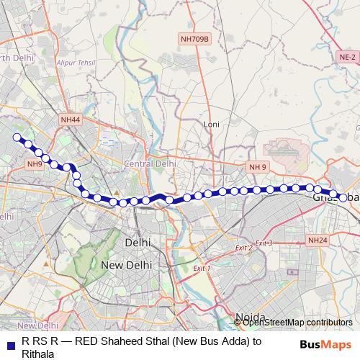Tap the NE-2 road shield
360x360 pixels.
[348, 56]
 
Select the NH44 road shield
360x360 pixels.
[71, 120]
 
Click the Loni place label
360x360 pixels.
[211, 124]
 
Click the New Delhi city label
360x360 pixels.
[126, 264]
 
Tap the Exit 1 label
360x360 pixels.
[202, 268]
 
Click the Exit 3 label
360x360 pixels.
[264, 243]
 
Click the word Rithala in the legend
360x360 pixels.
[40, 354]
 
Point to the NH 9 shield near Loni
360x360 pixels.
[258, 167]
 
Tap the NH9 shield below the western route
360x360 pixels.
[34, 164]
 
